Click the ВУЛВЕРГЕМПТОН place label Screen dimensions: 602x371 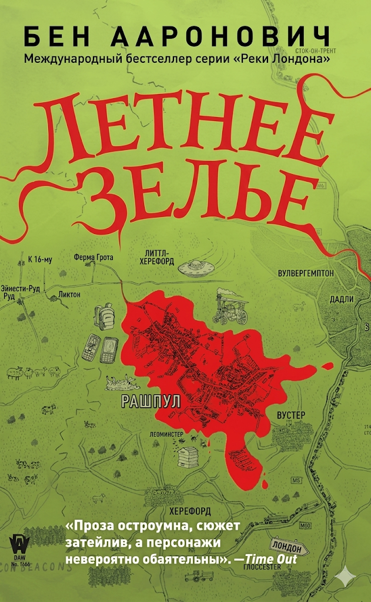coord(306,273)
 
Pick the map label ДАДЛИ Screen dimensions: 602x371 coord(341,299)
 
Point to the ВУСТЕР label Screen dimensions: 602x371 coord(290,414)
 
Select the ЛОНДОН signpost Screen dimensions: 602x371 coord(288,547)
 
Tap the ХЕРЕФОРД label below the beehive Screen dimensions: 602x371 coord(188,511)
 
